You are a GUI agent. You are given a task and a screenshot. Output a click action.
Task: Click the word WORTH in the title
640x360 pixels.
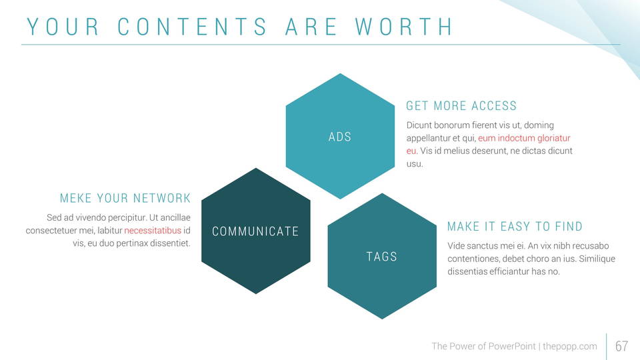point(404,27)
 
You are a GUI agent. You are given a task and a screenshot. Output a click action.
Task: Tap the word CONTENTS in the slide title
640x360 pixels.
point(192,27)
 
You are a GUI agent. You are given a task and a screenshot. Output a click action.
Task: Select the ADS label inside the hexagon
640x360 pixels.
point(340,137)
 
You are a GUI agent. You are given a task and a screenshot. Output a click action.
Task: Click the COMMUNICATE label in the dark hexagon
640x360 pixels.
point(255,231)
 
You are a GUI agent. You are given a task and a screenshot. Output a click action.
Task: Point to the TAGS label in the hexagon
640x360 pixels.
point(381,256)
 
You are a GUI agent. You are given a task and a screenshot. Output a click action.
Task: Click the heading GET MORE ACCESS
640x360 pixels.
point(461,106)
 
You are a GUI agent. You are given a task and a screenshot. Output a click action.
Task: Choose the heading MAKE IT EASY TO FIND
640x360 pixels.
point(515,226)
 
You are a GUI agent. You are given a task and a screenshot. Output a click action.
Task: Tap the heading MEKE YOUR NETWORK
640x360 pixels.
point(125,198)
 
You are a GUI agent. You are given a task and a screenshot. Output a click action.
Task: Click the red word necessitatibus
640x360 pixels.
point(153,230)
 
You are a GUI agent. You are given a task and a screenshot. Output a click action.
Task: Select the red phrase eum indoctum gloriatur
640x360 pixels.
point(524,138)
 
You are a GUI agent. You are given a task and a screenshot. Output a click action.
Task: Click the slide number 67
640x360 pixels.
point(621,346)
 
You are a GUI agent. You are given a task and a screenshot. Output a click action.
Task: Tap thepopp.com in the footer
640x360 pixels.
point(570,346)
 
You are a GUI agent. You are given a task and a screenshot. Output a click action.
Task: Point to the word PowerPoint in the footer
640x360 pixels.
point(512,346)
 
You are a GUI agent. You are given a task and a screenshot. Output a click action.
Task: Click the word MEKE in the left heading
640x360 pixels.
point(75,198)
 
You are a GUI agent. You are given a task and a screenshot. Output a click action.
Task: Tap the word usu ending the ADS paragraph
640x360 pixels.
point(414,164)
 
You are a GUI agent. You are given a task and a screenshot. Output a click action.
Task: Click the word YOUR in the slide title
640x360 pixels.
point(63,27)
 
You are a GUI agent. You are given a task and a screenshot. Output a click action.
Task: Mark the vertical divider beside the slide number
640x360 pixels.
point(607,347)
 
